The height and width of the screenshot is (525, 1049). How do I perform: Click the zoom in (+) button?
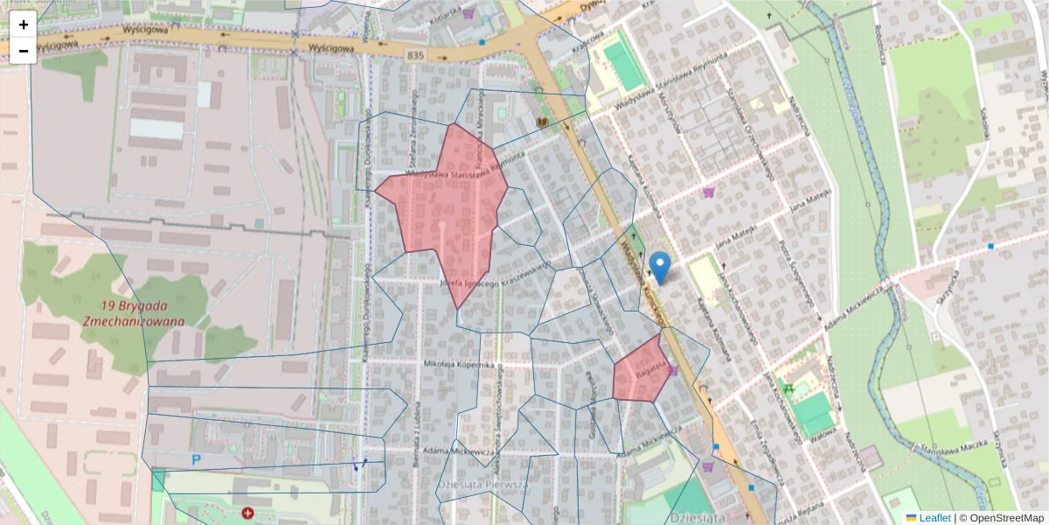click(24, 24)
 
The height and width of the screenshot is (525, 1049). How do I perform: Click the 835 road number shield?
click(417, 55)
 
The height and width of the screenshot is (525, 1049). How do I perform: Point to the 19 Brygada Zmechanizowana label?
click(135, 313)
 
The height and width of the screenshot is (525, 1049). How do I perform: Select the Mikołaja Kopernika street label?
click(460, 363)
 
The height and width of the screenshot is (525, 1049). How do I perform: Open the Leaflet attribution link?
click(934, 517)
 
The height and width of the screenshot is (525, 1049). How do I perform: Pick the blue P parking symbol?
click(196, 458)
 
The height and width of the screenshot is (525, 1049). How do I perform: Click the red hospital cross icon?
click(248, 513)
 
